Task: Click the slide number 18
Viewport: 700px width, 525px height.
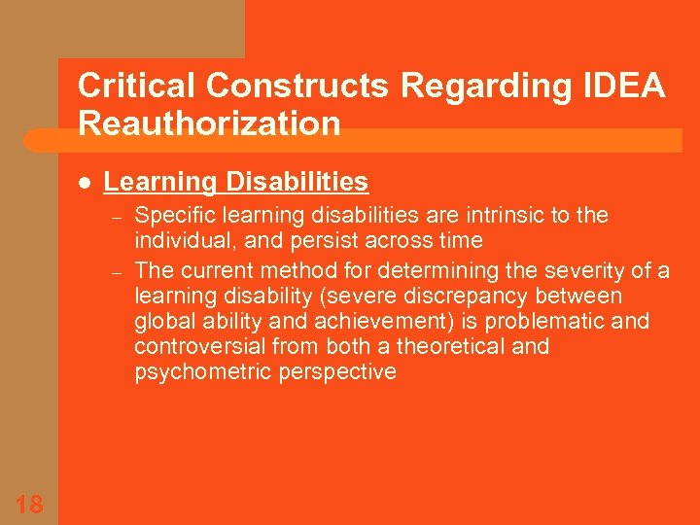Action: tap(29, 503)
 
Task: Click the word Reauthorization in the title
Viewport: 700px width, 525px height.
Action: tap(209, 123)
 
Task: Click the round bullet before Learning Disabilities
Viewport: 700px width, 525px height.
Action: tap(84, 183)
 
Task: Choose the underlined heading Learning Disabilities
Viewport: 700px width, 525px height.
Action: tap(235, 182)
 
